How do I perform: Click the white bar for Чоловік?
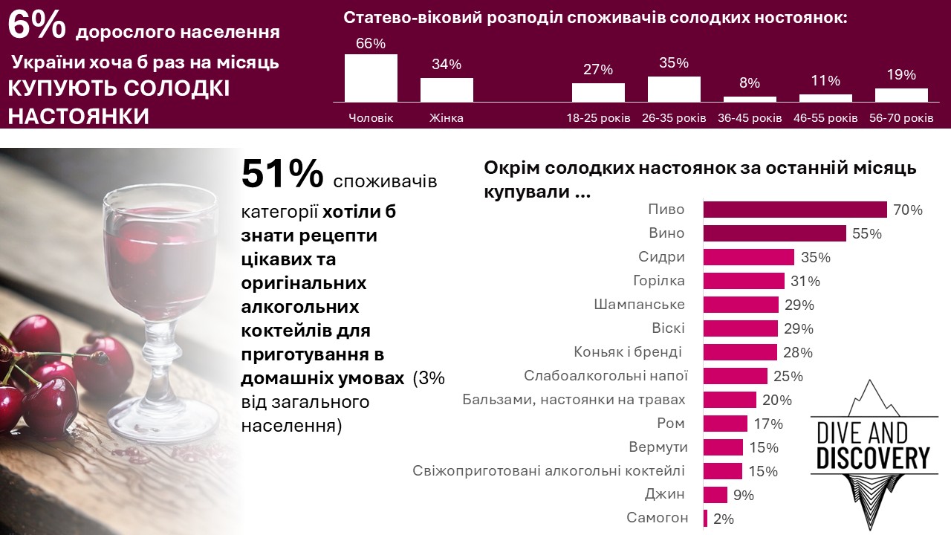click(x=371, y=77)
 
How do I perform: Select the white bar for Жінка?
click(x=447, y=89)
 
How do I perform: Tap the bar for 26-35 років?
click(x=674, y=88)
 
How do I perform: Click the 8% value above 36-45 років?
click(x=750, y=83)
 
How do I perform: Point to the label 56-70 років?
click(x=901, y=118)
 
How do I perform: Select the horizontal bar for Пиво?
click(x=795, y=210)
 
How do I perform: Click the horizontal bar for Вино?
click(x=774, y=233)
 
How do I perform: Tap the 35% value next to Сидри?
click(x=816, y=258)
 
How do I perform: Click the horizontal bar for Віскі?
click(x=740, y=328)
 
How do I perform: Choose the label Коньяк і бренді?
click(x=629, y=352)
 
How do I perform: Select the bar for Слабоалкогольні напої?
click(x=735, y=376)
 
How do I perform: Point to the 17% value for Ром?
click(x=768, y=424)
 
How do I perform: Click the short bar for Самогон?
click(x=705, y=519)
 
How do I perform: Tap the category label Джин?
click(x=665, y=495)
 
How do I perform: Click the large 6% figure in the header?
click(x=37, y=25)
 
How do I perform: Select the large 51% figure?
click(x=282, y=175)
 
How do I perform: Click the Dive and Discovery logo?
click(x=873, y=450)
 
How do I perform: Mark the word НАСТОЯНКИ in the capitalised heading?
click(x=78, y=117)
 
